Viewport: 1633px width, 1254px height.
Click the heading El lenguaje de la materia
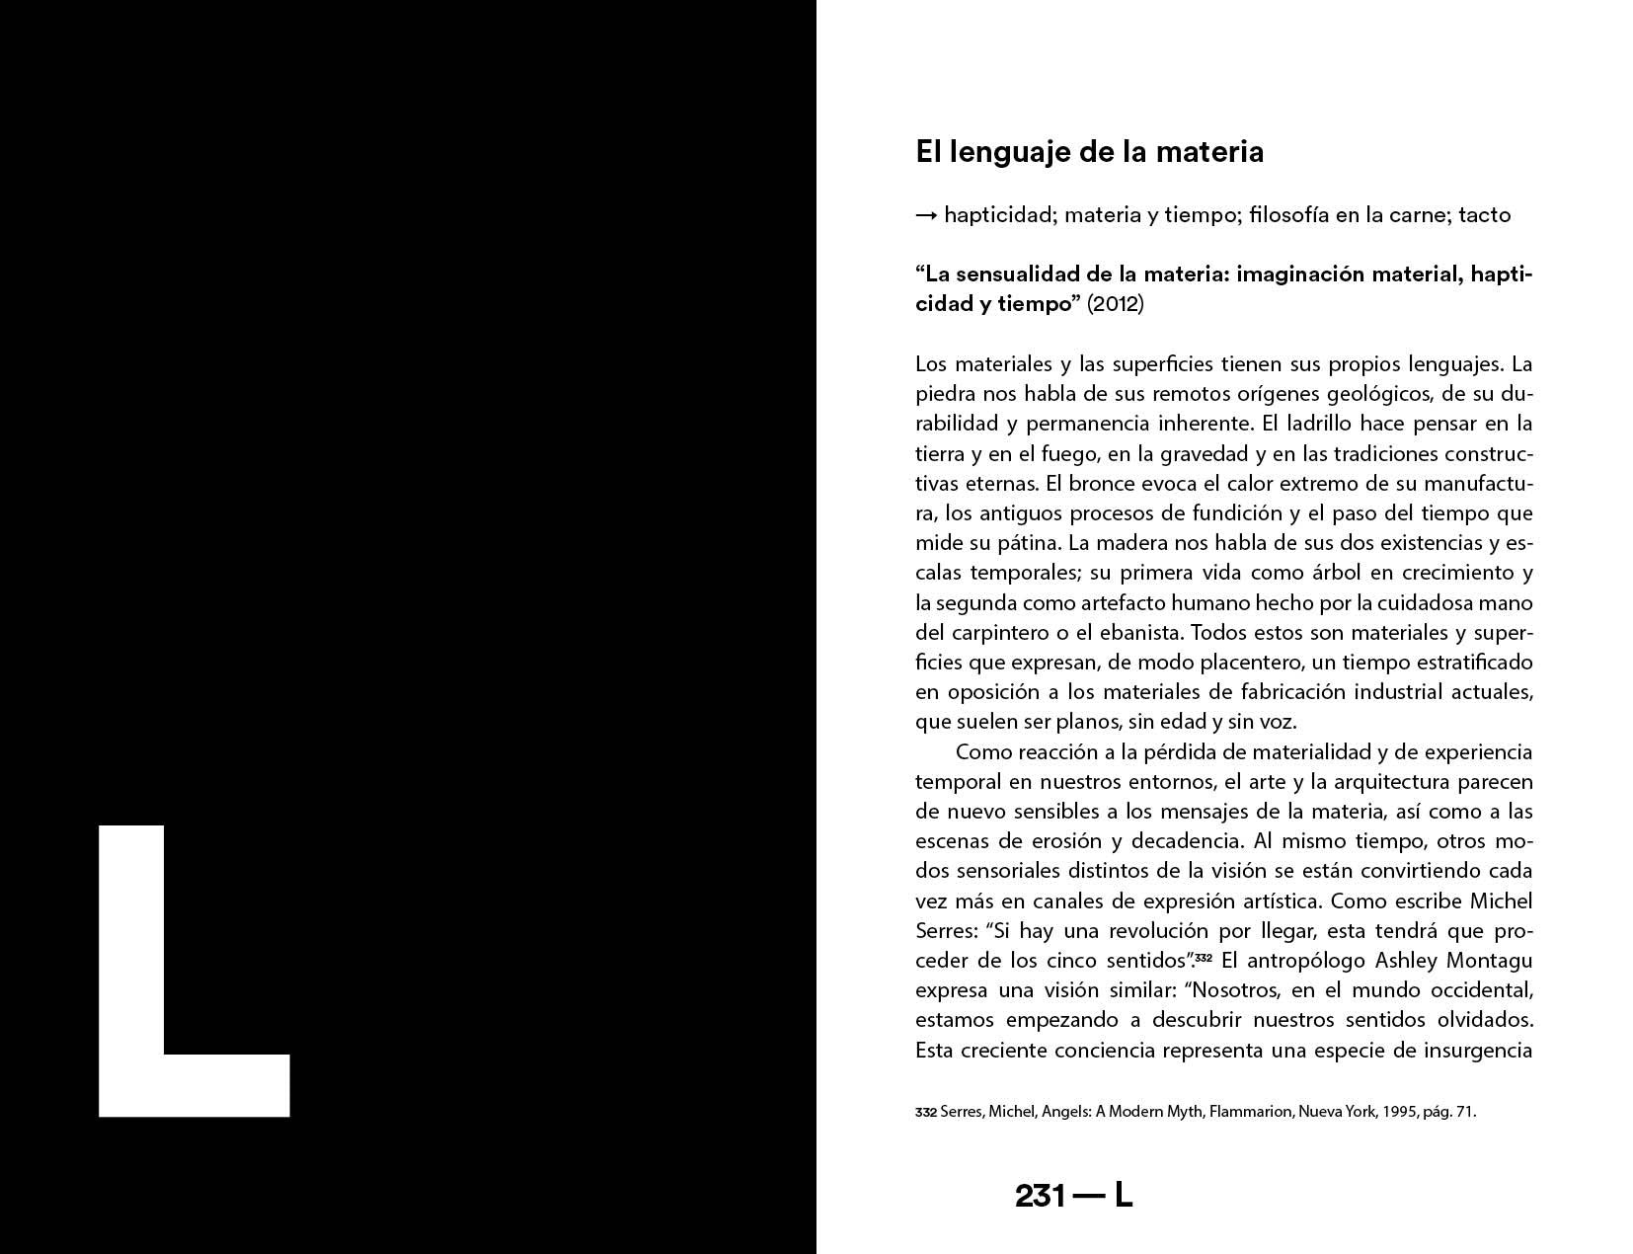coord(1089,152)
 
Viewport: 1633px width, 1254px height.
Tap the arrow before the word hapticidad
coord(926,215)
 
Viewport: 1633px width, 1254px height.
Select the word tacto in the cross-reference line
coord(1484,214)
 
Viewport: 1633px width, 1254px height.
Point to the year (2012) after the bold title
coord(1115,303)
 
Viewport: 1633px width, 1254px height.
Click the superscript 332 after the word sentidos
coord(1203,957)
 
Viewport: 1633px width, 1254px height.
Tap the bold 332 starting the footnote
coord(925,1112)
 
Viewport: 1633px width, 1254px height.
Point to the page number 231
coord(1040,1196)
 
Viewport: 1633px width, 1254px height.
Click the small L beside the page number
coord(1124,1196)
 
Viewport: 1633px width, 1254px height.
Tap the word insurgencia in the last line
coord(1477,1050)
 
